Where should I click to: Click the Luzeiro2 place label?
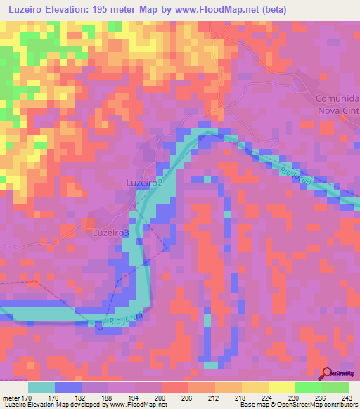pyautogui.click(x=144, y=183)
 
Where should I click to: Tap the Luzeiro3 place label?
pyautogui.click(x=111, y=232)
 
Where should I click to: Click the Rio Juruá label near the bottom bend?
pyautogui.click(x=124, y=320)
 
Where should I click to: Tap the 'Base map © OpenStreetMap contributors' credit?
pyautogui.click(x=299, y=405)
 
